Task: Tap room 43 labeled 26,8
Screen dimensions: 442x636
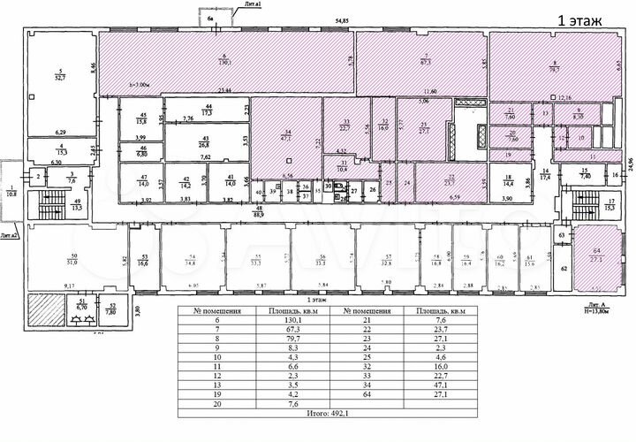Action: pyautogui.click(x=204, y=142)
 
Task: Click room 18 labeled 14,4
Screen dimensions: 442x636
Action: pyautogui.click(x=508, y=180)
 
